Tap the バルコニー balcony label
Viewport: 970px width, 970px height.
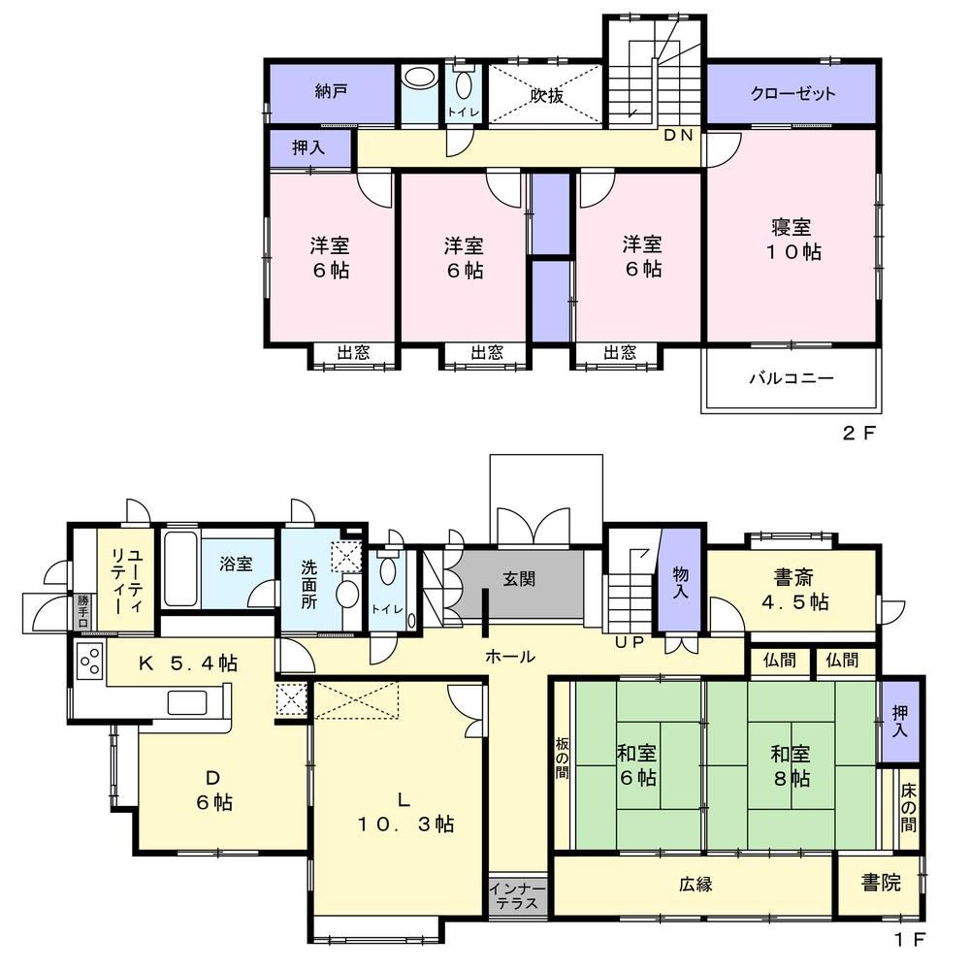pyautogui.click(x=792, y=378)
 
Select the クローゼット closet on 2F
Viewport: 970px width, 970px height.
pyautogui.click(x=792, y=94)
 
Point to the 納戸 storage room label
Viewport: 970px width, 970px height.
pyautogui.click(x=331, y=91)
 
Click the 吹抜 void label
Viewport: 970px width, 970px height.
pyautogui.click(x=547, y=96)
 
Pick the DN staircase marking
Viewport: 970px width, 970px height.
pyautogui.click(x=678, y=136)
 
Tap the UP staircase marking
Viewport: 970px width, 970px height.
pyautogui.click(x=630, y=642)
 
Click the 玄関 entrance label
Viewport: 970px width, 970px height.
pyautogui.click(x=518, y=580)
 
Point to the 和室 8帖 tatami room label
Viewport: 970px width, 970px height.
pyautogui.click(x=791, y=766)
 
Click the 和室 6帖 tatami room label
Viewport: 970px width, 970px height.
pyautogui.click(x=636, y=766)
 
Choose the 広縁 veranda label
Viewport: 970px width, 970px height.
pyautogui.click(x=695, y=885)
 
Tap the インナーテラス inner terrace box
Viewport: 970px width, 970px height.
pyautogui.click(x=518, y=895)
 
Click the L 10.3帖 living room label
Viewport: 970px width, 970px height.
pyautogui.click(x=404, y=812)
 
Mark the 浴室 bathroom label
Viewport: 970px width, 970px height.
pyautogui.click(x=236, y=565)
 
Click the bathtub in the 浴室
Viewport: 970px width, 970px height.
pyautogui.click(x=180, y=566)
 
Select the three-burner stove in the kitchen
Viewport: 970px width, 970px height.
pyautogui.click(x=90, y=661)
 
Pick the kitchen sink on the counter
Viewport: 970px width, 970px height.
pyautogui.click(x=187, y=702)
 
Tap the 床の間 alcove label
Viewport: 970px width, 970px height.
pyautogui.click(x=908, y=808)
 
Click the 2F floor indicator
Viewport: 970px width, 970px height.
pyautogui.click(x=859, y=433)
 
